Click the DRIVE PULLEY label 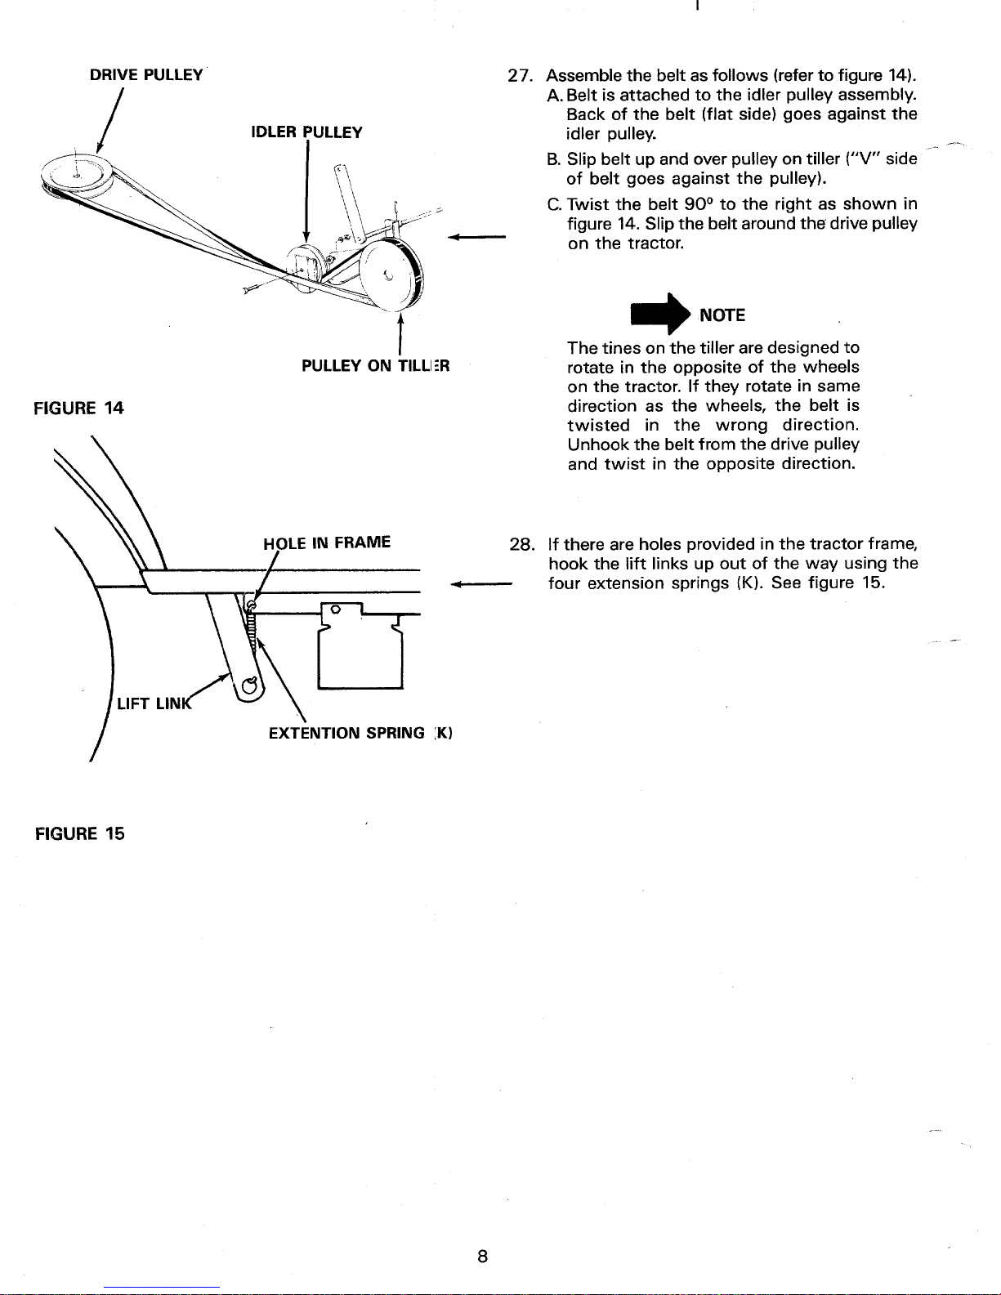(x=146, y=75)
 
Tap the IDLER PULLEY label (x=306, y=132)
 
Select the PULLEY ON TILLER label (x=375, y=365)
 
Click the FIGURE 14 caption (x=78, y=409)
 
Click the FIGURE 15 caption (x=80, y=833)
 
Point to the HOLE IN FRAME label (x=327, y=543)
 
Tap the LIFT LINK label (x=154, y=703)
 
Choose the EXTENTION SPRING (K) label (x=360, y=733)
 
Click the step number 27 (x=518, y=76)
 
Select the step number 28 (x=521, y=544)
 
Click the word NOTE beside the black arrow (x=722, y=315)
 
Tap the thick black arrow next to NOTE (x=660, y=314)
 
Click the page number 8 (x=483, y=1257)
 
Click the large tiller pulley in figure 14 (x=391, y=275)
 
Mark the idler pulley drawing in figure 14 (x=305, y=268)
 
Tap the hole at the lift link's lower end (x=250, y=686)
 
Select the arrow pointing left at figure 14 (x=476, y=237)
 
